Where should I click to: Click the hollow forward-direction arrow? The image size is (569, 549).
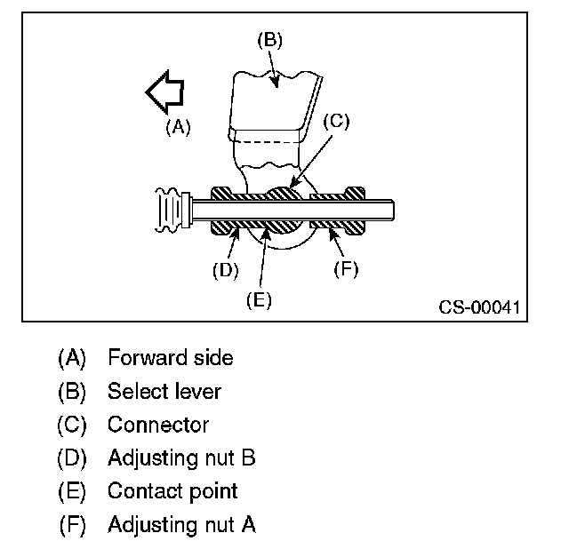[165, 93]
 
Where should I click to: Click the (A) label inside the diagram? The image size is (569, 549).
[178, 127]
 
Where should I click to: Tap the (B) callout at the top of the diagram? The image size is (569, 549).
[269, 39]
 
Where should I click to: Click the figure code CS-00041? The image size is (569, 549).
[477, 307]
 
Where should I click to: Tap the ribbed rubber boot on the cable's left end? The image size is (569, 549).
[170, 211]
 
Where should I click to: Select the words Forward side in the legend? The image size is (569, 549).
[170, 358]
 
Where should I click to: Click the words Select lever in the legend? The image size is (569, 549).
[164, 391]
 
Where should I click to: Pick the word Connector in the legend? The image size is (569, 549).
[158, 425]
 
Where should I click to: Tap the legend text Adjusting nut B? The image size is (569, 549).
[181, 457]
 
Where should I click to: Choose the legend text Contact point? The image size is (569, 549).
[172, 490]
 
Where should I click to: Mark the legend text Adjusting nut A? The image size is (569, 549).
[181, 524]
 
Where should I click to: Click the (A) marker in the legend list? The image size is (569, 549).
[72, 358]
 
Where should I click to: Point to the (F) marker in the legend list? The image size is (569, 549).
[72, 524]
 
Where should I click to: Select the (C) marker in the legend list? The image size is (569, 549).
[72, 425]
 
